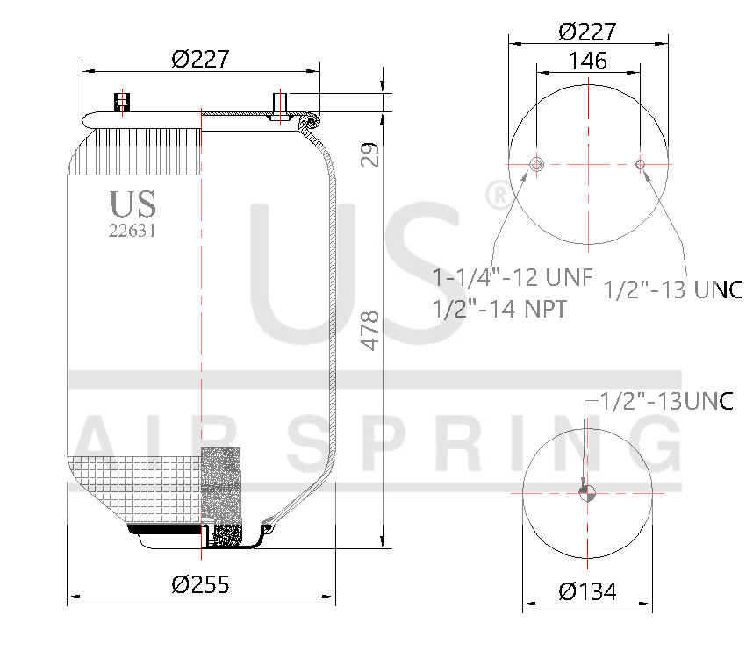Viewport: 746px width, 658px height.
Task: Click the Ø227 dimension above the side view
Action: pos(200,60)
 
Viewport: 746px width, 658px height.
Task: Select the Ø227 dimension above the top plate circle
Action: pos(587,32)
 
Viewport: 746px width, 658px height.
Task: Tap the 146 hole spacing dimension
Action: pos(587,61)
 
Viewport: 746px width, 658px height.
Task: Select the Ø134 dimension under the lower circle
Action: pos(587,591)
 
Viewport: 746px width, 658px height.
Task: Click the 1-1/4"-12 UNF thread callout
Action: pos(513,279)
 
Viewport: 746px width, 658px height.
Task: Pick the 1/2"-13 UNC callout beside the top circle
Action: pos(673,290)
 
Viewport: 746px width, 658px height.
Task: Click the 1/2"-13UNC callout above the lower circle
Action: pos(666,401)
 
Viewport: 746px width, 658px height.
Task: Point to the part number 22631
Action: pos(133,231)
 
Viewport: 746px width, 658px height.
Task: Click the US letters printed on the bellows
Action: pos(133,204)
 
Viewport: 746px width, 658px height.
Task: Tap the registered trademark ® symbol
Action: pos(498,195)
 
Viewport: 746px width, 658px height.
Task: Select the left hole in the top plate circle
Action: pos(537,164)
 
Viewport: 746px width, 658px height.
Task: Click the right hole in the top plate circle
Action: pos(641,164)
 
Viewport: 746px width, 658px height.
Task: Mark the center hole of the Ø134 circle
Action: pos(588,491)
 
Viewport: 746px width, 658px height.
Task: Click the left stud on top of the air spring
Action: pos(122,102)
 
